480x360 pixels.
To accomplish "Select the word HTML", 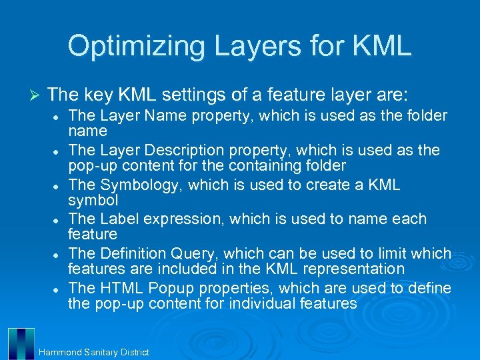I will [x=123, y=288].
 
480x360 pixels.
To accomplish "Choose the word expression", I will [x=182, y=219].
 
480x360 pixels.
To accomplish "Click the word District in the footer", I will [x=135, y=352].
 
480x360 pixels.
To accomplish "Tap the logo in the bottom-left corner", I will [x=21, y=343].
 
